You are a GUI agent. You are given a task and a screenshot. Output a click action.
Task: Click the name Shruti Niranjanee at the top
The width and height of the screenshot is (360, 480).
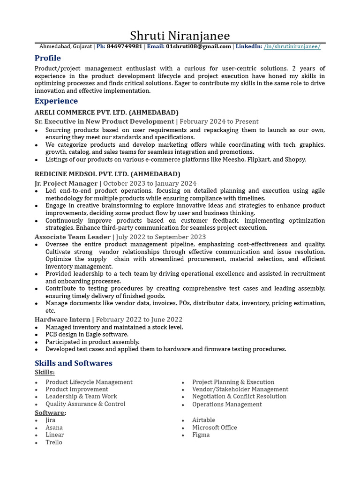point(180,36)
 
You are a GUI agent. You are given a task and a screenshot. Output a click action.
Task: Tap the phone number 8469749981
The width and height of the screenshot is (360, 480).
point(124,46)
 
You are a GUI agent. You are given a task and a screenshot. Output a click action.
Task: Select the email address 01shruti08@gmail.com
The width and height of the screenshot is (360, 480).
point(198,46)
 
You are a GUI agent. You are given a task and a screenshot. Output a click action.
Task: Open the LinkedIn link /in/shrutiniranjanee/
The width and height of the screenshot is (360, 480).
point(292,46)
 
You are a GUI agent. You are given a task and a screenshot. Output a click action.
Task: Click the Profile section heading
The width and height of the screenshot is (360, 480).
point(48,58)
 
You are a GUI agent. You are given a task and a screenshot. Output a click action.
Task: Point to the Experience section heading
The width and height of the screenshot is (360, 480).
point(56,101)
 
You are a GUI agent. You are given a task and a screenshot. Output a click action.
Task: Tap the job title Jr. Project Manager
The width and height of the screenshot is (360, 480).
point(66,183)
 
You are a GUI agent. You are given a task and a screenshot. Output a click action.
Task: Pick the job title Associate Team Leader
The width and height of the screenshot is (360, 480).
point(73,237)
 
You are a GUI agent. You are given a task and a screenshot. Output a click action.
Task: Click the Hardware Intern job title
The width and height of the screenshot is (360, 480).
point(62,319)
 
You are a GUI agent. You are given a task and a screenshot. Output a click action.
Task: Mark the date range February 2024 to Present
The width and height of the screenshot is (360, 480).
point(219,121)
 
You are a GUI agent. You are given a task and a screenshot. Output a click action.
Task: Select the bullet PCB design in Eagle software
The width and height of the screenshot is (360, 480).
point(87,334)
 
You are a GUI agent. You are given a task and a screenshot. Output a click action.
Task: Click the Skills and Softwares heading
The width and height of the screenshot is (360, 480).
point(74,363)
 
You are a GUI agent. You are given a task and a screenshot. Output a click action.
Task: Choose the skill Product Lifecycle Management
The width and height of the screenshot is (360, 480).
point(89,382)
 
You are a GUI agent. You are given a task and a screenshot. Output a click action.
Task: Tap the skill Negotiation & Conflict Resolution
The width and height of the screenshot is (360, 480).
point(239,396)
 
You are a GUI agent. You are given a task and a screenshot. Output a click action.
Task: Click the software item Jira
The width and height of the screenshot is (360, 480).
point(50,420)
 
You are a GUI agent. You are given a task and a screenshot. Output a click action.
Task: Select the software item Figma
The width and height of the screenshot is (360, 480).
point(201,435)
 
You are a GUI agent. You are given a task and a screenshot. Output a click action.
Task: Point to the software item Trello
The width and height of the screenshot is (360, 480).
point(53,442)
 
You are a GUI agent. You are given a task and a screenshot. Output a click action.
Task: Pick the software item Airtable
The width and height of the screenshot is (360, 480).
point(203,420)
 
